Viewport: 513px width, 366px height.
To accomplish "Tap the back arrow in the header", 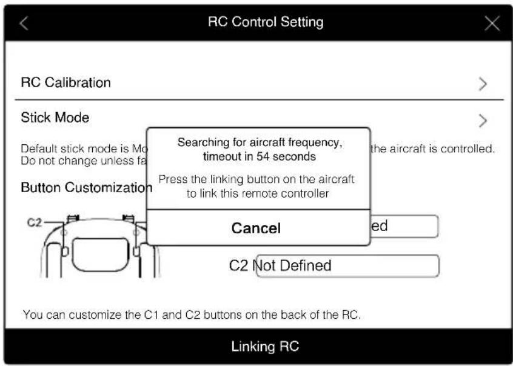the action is click(24, 24).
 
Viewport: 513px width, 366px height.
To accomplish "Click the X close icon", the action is click(492, 23).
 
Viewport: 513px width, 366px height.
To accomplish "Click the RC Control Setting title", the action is click(266, 22).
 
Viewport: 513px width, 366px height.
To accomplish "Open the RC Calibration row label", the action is click(65, 82).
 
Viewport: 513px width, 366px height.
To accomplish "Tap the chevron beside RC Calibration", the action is click(483, 84).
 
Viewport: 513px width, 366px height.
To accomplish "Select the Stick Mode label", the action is click(55, 118).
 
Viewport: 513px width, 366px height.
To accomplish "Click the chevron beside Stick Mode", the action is click(483, 121).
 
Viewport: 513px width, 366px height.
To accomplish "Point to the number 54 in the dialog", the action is click(263, 156).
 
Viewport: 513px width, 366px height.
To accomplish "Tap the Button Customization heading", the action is click(87, 188).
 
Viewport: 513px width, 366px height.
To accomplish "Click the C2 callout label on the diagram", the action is click(35, 223).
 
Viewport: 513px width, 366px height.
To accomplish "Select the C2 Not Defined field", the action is click(348, 265).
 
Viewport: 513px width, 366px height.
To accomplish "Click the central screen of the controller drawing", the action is click(101, 255).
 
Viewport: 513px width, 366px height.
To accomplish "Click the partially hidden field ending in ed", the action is click(404, 227).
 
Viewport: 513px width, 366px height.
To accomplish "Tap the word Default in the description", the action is click(39, 149).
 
